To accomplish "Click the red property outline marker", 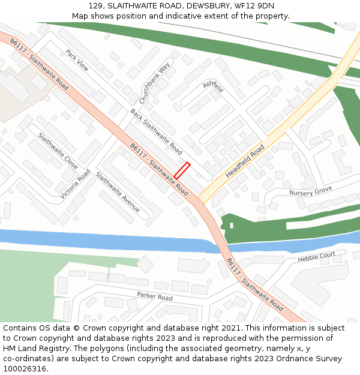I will coord(182,170).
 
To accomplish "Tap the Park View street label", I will coord(77,60).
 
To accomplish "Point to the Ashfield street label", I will coord(213,86).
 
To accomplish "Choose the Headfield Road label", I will coord(245,161).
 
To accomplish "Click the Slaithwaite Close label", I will coord(58,151).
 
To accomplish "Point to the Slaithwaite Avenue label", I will coord(118,193).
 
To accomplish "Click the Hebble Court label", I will coord(316,257).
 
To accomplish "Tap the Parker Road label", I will coord(154,296).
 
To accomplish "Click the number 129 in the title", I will coord(96,6).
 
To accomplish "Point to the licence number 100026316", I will coord(24,368).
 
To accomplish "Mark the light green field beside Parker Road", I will coord(24,282).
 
